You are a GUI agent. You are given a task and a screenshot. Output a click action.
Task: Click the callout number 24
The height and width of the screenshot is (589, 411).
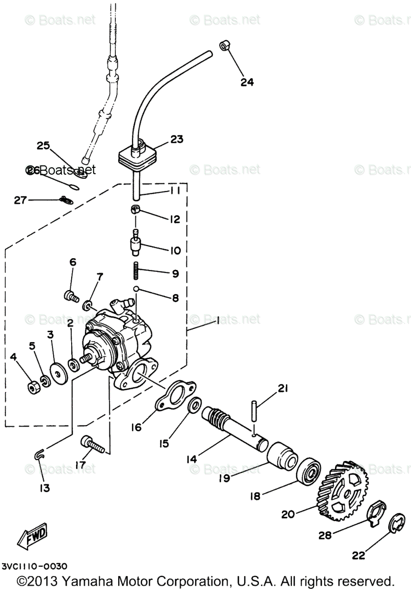click(x=247, y=82)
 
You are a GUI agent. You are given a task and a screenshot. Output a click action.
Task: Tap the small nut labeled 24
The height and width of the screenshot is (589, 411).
click(x=225, y=46)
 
